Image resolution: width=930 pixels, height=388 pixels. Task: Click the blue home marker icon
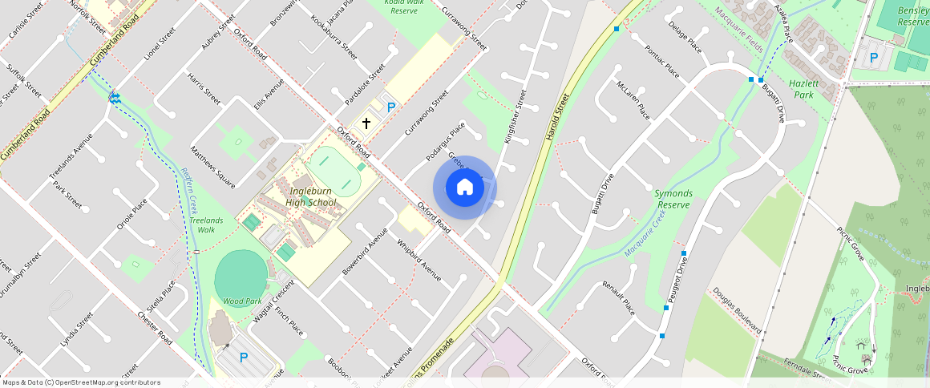(464, 188)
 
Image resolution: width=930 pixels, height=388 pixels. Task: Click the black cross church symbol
(366, 123)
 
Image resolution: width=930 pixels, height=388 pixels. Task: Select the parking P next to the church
(391, 107)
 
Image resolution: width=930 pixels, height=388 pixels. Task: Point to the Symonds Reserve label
(673, 199)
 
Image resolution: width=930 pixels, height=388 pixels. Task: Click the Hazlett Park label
(802, 89)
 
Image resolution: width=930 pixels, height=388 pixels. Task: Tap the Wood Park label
(242, 301)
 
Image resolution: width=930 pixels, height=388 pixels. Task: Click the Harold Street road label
(556, 117)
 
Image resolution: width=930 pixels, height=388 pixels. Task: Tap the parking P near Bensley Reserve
(874, 58)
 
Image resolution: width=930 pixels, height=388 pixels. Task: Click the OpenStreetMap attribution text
(80, 382)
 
